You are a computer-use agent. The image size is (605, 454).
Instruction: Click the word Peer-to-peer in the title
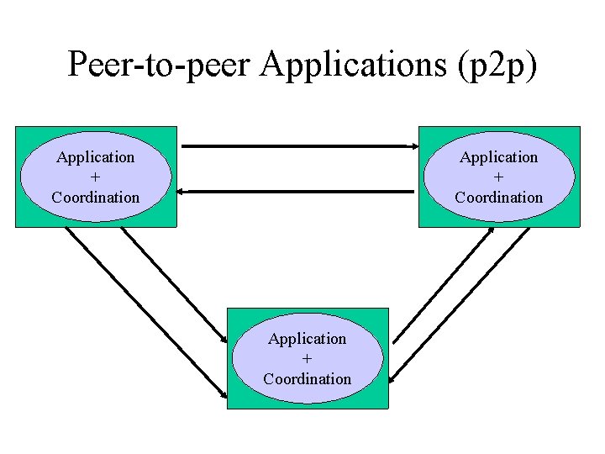click(160, 65)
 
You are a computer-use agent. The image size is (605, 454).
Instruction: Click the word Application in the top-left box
click(95, 157)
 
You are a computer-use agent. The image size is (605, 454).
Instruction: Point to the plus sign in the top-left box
click(95, 177)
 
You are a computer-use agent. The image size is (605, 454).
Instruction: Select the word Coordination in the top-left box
click(95, 198)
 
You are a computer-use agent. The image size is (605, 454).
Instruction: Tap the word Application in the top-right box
click(499, 157)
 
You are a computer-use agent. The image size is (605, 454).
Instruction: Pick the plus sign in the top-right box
click(499, 177)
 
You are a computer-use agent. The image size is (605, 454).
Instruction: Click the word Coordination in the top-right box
click(499, 198)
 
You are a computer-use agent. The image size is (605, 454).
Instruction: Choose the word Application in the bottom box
click(308, 339)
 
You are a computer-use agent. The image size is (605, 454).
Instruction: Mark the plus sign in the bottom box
click(308, 359)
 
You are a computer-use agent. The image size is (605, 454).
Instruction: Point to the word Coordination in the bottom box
click(308, 379)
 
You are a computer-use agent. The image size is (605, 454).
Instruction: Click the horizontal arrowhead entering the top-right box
click(413, 147)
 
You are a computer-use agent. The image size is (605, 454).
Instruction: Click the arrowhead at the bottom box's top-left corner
click(223, 339)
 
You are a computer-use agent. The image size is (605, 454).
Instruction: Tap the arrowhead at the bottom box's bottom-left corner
click(223, 393)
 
